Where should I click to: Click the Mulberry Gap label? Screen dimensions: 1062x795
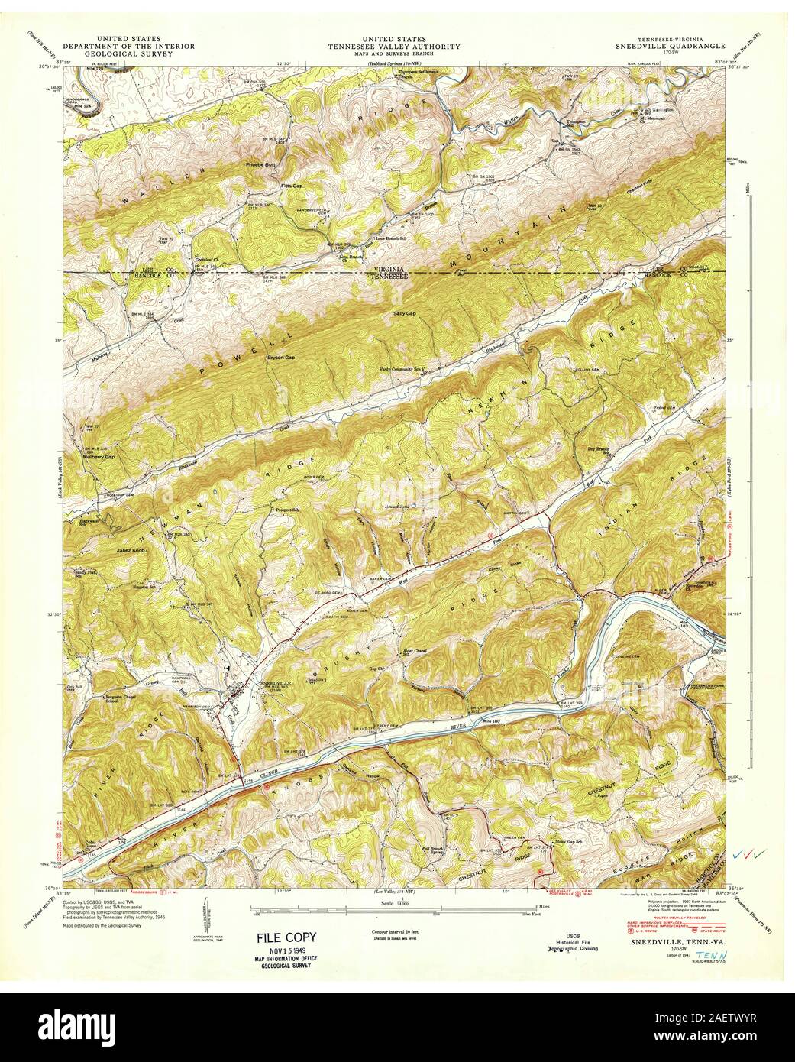(x=99, y=456)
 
